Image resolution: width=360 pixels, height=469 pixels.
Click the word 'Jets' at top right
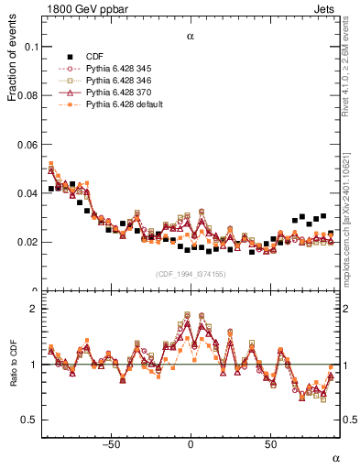327,8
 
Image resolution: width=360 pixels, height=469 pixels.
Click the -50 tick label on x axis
110,445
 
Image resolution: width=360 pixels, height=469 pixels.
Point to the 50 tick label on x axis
271,445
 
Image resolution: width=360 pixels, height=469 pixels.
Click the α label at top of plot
190,38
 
